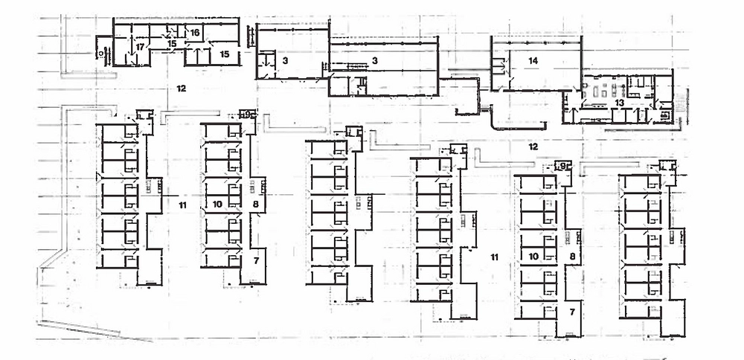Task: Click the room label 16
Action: (x=194, y=33)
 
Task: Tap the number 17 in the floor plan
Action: (x=139, y=46)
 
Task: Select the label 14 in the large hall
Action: (x=533, y=60)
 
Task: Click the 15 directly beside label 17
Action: (x=171, y=44)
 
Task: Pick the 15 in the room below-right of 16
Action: (x=225, y=54)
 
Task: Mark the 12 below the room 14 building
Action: (x=533, y=146)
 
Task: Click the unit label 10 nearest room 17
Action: (x=218, y=203)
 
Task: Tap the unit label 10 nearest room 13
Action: (x=533, y=257)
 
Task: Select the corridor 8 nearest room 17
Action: (x=255, y=203)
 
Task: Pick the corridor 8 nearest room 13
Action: (x=572, y=257)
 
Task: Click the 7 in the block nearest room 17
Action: (x=255, y=260)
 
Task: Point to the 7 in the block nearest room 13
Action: (x=572, y=312)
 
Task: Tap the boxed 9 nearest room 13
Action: (x=563, y=165)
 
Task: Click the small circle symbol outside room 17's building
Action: (x=98, y=54)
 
